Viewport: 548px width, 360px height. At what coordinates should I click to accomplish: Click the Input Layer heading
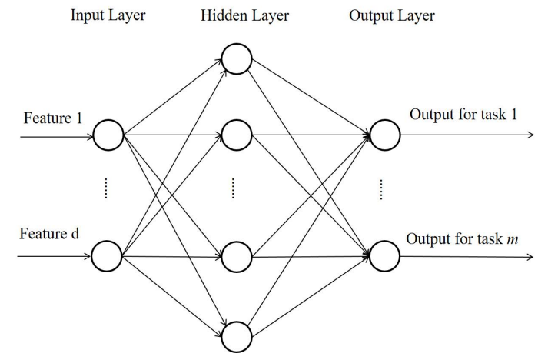[108, 16]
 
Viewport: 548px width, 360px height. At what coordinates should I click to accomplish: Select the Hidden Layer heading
[244, 16]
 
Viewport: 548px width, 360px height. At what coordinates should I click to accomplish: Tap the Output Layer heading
[392, 16]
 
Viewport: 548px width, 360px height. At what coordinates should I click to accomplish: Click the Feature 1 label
[53, 118]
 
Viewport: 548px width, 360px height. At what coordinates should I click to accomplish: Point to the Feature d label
[49, 233]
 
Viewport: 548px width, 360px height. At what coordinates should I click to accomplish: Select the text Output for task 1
[463, 115]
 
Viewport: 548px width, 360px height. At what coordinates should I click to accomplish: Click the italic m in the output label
[513, 239]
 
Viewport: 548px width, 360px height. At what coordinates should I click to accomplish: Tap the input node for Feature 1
[108, 135]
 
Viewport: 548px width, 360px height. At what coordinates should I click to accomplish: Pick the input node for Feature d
[107, 256]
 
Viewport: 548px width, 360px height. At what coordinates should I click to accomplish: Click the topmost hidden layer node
[237, 58]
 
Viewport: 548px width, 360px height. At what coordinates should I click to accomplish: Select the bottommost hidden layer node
[237, 337]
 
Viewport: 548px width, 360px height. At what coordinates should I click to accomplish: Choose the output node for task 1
[385, 135]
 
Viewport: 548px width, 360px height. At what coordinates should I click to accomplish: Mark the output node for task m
[384, 256]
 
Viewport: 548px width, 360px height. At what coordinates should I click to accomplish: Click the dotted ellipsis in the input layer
[106, 188]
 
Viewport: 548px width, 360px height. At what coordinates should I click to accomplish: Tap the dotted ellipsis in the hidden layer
[233, 188]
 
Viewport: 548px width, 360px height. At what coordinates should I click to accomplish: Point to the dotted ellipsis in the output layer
[381, 190]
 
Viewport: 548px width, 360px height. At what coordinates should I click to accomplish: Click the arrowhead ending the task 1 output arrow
[531, 135]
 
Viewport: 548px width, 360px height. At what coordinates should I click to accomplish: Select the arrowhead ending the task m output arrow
[530, 257]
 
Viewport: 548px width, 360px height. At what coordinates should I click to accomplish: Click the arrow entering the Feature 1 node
[57, 136]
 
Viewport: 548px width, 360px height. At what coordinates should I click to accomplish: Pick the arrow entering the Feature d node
[54, 256]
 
